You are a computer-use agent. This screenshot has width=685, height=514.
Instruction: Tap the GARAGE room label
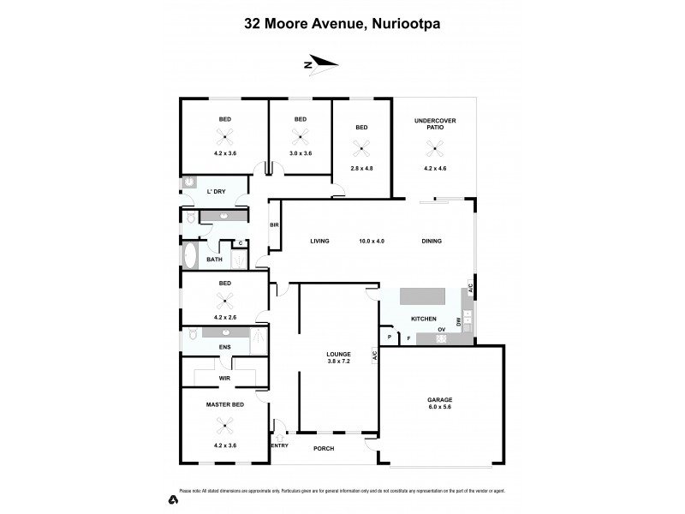click(438, 399)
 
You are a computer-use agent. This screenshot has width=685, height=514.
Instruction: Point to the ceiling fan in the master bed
click(225, 422)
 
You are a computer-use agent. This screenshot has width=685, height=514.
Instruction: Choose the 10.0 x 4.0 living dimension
click(371, 242)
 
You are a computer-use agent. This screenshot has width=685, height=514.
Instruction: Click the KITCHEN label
click(423, 319)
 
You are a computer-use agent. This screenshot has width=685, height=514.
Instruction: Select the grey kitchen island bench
click(423, 296)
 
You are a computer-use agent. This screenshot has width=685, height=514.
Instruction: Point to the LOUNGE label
click(338, 354)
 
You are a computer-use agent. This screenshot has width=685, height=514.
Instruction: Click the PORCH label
click(323, 448)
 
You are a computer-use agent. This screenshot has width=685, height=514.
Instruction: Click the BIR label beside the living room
click(275, 225)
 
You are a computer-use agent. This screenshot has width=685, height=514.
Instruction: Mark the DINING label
click(432, 242)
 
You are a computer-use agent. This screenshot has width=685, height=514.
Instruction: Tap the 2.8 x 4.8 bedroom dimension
click(362, 168)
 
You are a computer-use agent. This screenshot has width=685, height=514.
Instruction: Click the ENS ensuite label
click(225, 347)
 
